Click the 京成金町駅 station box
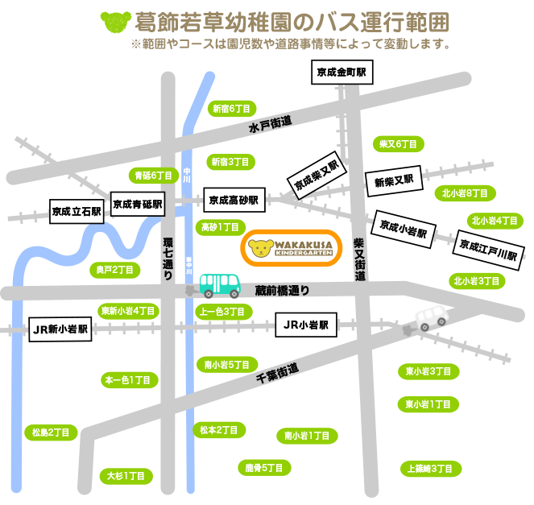tap(342, 72)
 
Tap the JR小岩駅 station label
tap(306, 326)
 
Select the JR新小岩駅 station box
tap(60, 329)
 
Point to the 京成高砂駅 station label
tap(234, 200)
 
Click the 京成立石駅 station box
tap(77, 213)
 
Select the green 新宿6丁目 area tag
tap(232, 109)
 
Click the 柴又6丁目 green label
tap(399, 144)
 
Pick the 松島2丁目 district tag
tap(50, 433)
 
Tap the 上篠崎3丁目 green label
tap(431, 468)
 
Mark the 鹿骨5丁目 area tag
tap(264, 466)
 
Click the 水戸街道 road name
tap(270, 124)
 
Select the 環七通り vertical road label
tap(168, 258)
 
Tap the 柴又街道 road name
tap(359, 259)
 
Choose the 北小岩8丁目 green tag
tap(465, 193)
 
